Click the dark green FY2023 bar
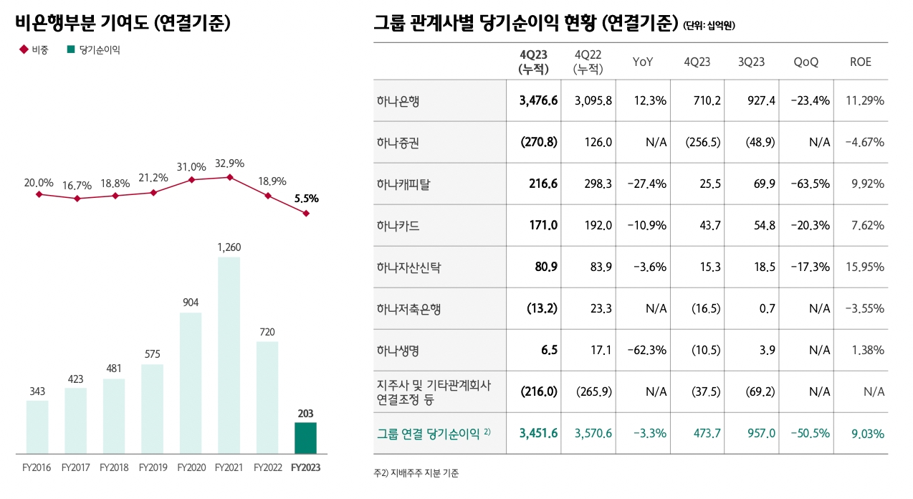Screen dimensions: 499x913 pyautogui.click(x=305, y=437)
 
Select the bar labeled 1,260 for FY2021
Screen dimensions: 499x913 pyautogui.click(x=229, y=355)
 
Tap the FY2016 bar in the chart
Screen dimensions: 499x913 pyautogui.click(x=37, y=427)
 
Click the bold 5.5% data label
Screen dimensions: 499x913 pyautogui.click(x=306, y=199)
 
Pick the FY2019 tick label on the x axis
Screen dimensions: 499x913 pyautogui.click(x=153, y=467)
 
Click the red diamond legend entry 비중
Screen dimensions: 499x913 pyautogui.click(x=34, y=50)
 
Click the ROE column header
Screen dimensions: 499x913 pyautogui.click(x=860, y=62)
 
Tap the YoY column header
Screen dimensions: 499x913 pyautogui.click(x=643, y=62)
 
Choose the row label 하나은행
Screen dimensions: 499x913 pyautogui.click(x=398, y=100)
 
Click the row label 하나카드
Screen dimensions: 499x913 pyautogui.click(x=398, y=226)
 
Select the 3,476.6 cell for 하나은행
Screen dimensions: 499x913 pyautogui.click(x=538, y=100)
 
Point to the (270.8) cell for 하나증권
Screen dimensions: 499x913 pyautogui.click(x=538, y=142)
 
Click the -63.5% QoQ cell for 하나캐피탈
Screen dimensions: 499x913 pyautogui.click(x=811, y=184)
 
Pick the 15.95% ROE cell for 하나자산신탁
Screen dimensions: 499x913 pyautogui.click(x=864, y=267)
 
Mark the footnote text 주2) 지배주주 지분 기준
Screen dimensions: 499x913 pyautogui.click(x=416, y=473)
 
